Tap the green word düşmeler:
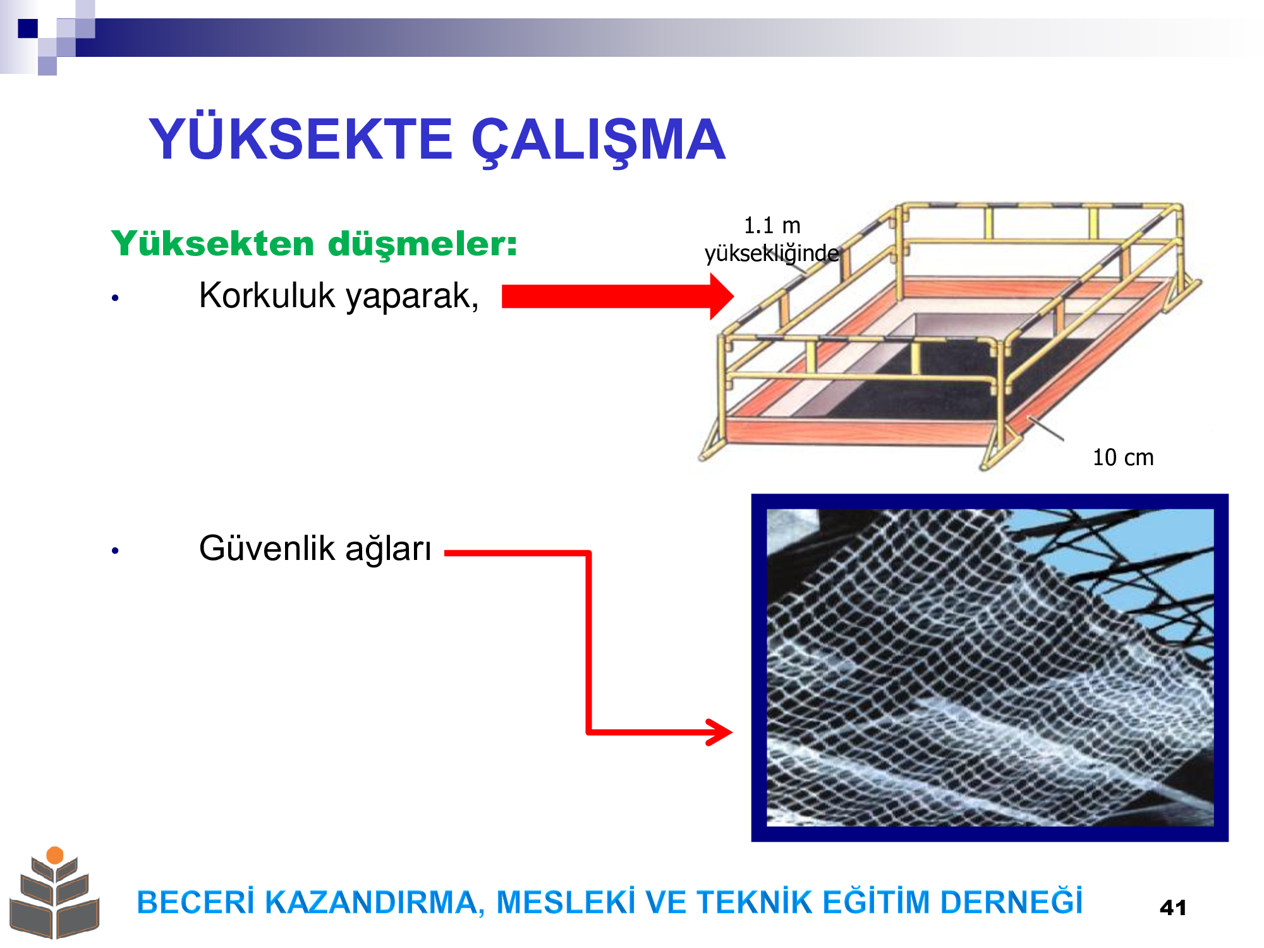[422, 244]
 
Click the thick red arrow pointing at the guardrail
[617, 296]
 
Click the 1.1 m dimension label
[772, 226]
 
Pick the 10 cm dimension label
[1123, 458]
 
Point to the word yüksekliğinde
[772, 253]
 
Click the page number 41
[1173, 908]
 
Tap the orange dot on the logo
[55, 855]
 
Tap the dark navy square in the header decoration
[28, 28]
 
